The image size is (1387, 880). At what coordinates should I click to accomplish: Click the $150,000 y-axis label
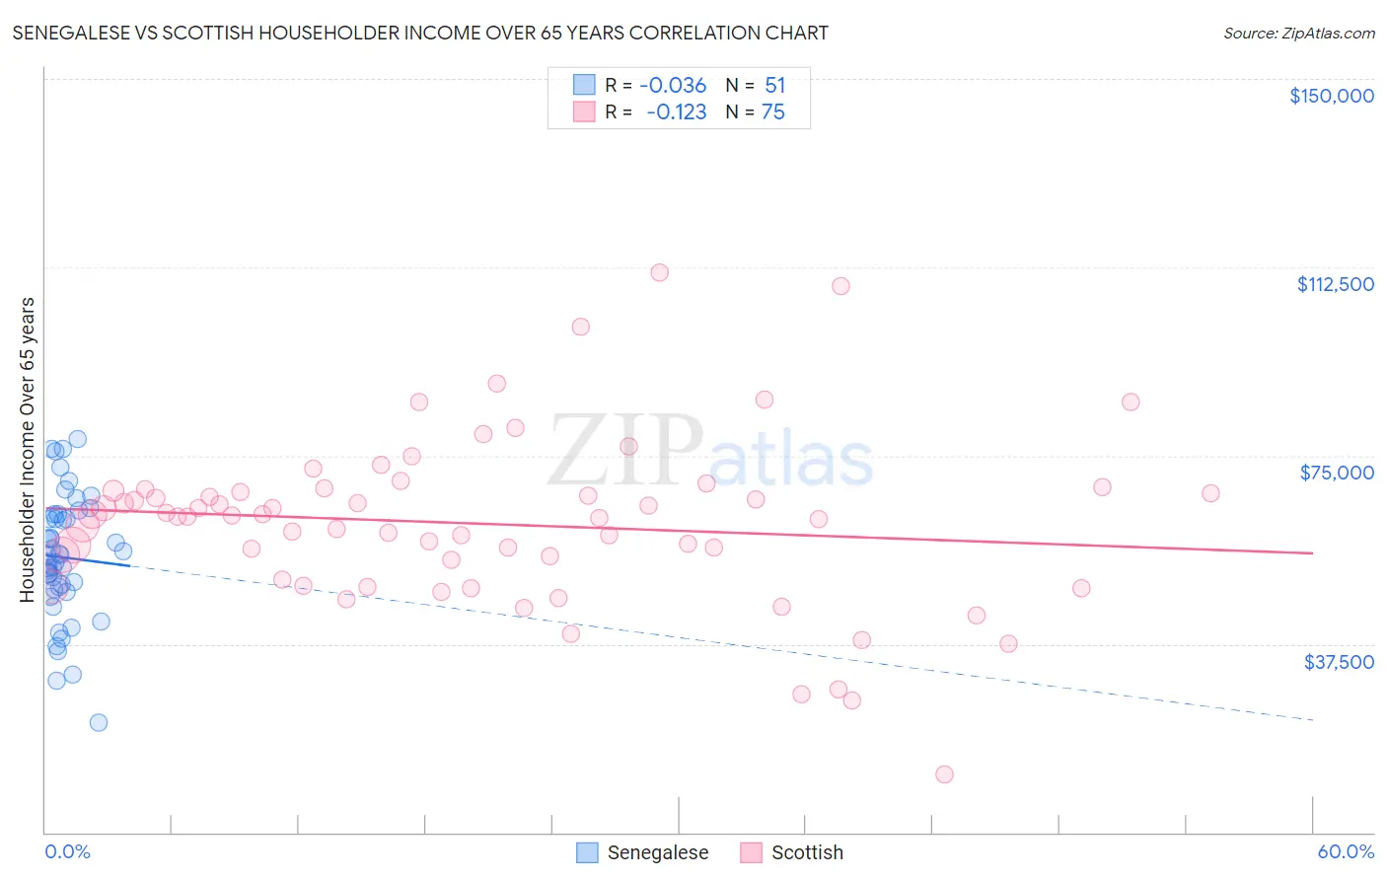coord(1331,96)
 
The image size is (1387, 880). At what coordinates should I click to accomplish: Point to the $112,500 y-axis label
coord(1335,284)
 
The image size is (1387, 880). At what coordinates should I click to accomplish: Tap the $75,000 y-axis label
coord(1336,473)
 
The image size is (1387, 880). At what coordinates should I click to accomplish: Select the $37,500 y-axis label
coord(1338,662)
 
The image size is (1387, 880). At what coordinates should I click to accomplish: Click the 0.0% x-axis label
coord(67,851)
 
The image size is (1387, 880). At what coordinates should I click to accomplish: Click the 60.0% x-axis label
coord(1345,851)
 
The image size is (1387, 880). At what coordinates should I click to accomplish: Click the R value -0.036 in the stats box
coord(673,85)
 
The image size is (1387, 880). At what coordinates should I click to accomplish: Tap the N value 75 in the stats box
coord(772,112)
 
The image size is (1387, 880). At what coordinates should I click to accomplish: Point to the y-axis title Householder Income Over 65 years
coord(27,450)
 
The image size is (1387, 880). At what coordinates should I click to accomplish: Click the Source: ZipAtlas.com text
coord(1298,33)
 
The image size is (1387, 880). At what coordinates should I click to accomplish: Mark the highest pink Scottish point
coord(660,272)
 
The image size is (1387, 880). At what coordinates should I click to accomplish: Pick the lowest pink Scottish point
coord(944,774)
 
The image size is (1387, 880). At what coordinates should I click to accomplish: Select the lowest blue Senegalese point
coord(99,722)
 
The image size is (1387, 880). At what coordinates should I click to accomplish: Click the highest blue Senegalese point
coord(77,439)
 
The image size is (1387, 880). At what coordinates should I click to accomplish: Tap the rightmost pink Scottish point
coord(1210,493)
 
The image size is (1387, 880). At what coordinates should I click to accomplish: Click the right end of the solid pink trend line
coord(1313,553)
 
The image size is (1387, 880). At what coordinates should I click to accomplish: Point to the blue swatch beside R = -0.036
coord(585,85)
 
